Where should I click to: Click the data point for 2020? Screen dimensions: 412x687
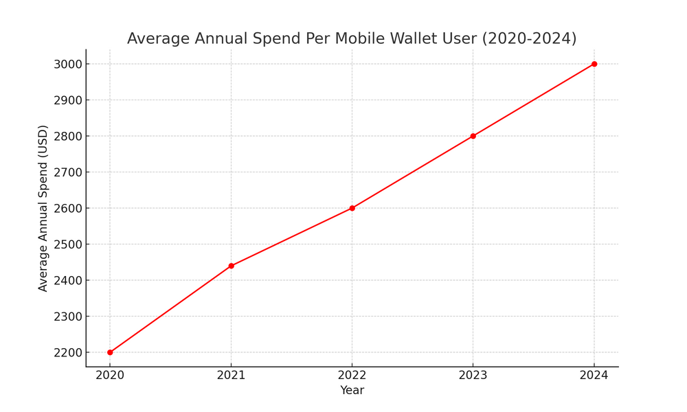tap(110, 352)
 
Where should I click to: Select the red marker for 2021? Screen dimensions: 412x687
tap(231, 266)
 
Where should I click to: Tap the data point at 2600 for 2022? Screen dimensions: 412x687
tap(352, 208)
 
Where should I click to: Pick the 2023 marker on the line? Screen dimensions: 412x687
tap(473, 136)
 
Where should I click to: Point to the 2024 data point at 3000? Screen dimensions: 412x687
tap(594, 64)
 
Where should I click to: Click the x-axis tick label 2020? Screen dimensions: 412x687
tap(110, 375)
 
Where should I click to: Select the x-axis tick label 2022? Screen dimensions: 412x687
tap(352, 375)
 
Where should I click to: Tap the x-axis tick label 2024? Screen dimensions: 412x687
tap(594, 375)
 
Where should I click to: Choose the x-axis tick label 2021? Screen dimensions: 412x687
tap(231, 375)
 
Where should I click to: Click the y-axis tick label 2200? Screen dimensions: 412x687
tap(67, 352)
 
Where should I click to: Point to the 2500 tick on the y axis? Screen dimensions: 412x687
tap(67, 244)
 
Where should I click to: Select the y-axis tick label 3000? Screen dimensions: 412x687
tap(67, 64)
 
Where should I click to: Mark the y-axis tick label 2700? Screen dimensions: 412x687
tap(67, 172)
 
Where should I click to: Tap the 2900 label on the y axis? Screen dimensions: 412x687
tap(67, 100)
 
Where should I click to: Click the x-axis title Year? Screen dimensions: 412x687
tap(352, 390)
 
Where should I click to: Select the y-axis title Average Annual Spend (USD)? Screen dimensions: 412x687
tap(43, 208)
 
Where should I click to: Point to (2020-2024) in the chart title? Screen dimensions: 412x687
tap(529, 39)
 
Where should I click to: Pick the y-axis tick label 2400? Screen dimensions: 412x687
tap(67, 280)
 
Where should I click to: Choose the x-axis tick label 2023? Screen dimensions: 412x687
tap(473, 375)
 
